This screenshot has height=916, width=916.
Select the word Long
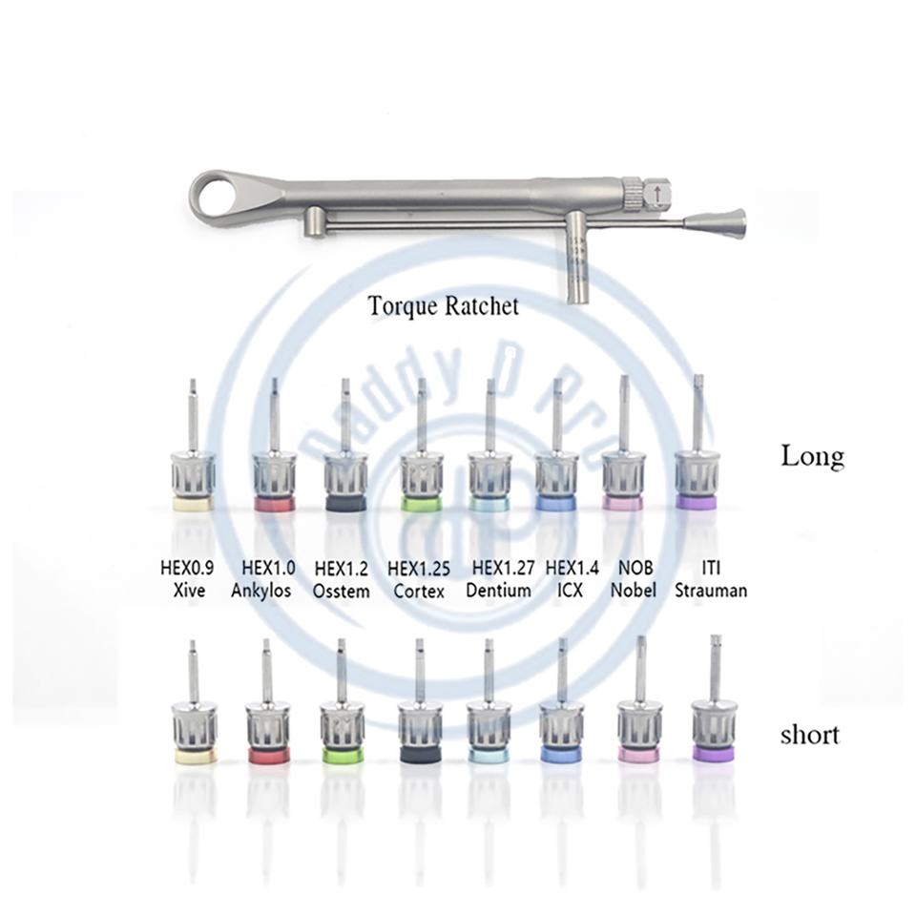click(812, 456)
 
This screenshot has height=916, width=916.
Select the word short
click(809, 735)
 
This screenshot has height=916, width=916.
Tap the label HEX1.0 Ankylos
click(261, 579)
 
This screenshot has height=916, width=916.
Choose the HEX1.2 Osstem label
click(342, 579)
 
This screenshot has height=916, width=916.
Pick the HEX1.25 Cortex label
click(419, 579)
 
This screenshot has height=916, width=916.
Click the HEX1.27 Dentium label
click(499, 579)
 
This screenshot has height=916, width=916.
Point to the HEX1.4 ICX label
click(572, 579)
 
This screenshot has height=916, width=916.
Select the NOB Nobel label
click(634, 579)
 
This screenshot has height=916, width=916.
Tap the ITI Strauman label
click(710, 579)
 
